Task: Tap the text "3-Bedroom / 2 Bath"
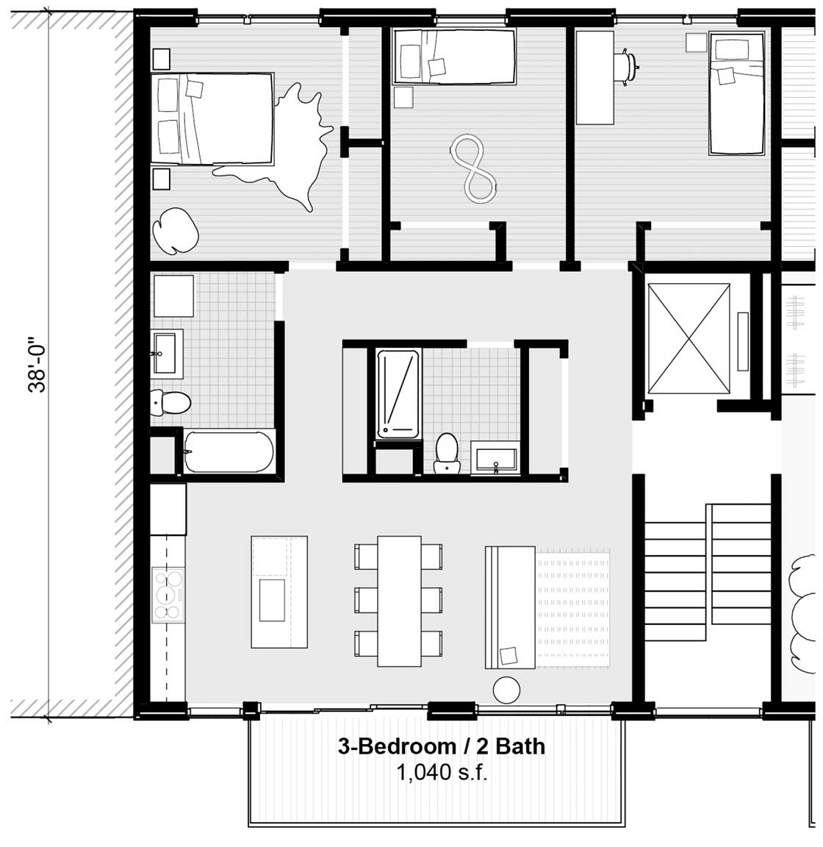point(441,746)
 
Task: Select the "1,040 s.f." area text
point(442,773)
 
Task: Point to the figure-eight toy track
point(473,170)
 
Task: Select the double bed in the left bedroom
point(212,119)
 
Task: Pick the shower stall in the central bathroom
point(398,393)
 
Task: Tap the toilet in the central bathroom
point(447,453)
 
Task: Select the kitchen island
point(279,591)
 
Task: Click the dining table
point(399,601)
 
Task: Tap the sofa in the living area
point(510,607)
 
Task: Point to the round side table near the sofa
point(506,690)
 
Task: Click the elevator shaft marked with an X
point(689,339)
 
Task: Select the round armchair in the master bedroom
point(176,231)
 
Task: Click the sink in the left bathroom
point(167,353)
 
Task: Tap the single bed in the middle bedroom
point(454,57)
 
